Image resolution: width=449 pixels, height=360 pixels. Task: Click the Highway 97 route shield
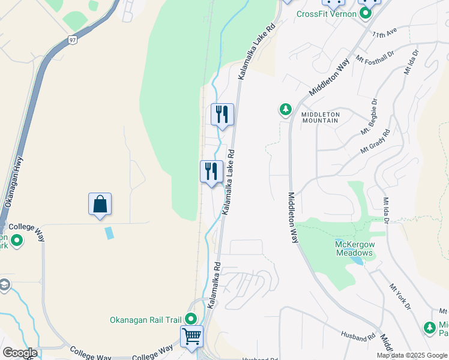coord(72,40)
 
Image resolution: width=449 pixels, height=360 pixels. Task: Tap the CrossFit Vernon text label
coord(326,14)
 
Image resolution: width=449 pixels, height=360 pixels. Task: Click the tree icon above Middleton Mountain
coord(286,109)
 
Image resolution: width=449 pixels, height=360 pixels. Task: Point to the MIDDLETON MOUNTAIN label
coord(321,117)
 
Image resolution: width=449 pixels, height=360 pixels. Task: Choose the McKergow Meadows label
coord(355,248)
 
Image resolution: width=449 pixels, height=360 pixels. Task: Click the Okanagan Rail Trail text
coord(146,320)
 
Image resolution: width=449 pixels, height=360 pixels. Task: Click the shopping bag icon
coord(100,204)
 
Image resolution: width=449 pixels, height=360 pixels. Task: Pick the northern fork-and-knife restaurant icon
coord(222,113)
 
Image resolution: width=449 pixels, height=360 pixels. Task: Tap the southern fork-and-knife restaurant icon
coord(211,171)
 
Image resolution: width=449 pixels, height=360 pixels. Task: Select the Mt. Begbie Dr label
coord(368,116)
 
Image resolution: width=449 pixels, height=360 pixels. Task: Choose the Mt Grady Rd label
coord(375,141)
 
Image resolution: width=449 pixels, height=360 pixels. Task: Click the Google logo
coord(19,353)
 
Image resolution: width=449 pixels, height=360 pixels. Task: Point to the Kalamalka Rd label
coord(214,285)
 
